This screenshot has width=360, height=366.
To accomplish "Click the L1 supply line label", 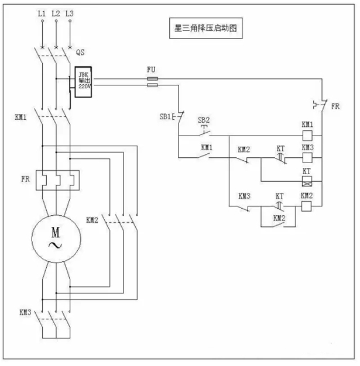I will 42,12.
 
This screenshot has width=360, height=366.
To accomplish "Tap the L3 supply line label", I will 70,12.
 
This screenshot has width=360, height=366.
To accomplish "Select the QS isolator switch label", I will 81,53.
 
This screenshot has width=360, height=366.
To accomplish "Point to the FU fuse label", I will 151,69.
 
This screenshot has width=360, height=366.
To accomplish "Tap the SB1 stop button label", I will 165,116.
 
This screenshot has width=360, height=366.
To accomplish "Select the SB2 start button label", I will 203,120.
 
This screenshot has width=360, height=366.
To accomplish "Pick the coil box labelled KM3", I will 307,158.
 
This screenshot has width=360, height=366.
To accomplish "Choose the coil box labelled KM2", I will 307,206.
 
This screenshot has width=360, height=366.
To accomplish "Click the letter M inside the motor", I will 56,229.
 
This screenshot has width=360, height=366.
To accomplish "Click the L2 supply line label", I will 56,12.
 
